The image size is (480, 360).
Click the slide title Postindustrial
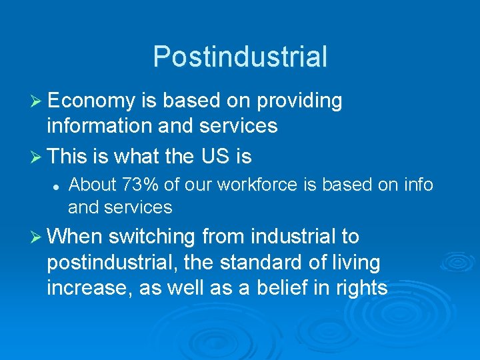coord(240,57)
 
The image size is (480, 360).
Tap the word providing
coord(299,101)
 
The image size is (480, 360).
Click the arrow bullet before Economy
coord(37,101)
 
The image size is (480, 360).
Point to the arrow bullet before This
coord(37,157)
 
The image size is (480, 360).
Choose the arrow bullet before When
coord(37,237)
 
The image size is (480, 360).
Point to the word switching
coord(152,237)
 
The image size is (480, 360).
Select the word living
coord(357,263)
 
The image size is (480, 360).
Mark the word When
coord(73,237)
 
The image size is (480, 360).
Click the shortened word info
coord(419,184)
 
